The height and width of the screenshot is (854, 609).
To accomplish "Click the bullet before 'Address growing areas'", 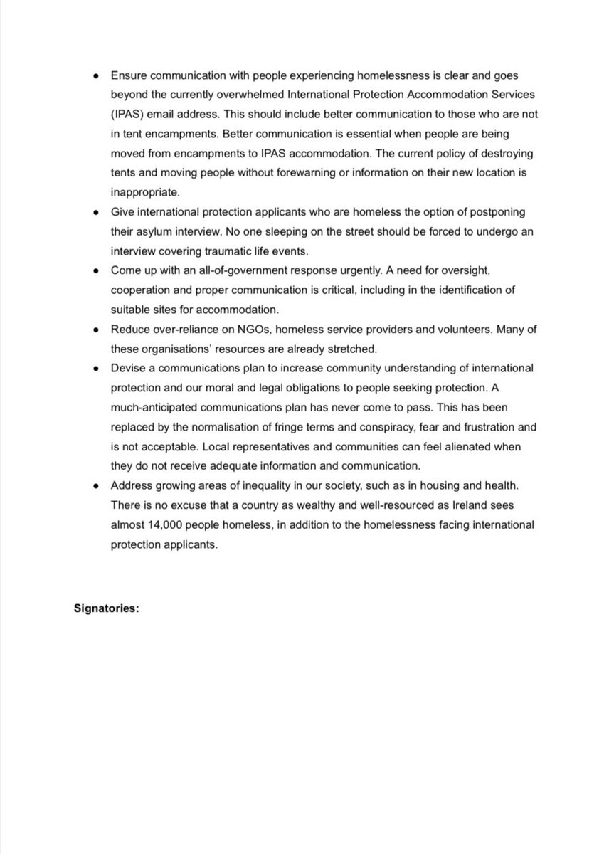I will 96,485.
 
